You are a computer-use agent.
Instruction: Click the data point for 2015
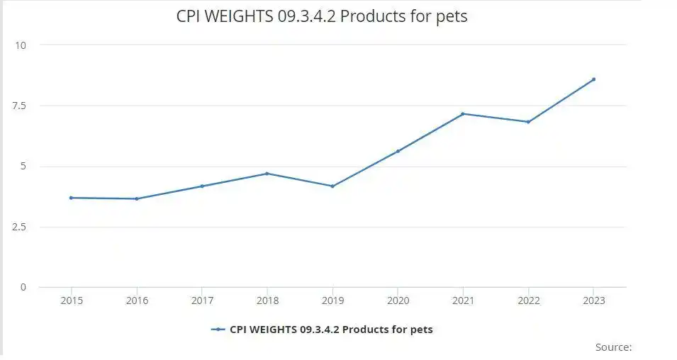(71, 198)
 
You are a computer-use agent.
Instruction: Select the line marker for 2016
(137, 198)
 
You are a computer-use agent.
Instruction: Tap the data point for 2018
(267, 174)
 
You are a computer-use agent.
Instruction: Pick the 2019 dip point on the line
(332, 186)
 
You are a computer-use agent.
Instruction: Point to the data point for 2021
(463, 113)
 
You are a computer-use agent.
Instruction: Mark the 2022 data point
(528, 122)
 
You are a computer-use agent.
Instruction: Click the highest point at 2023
(593, 79)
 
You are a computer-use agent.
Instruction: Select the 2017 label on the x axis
(202, 300)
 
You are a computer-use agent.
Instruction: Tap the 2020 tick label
(398, 300)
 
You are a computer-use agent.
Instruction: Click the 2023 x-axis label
(593, 300)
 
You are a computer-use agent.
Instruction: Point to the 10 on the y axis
(21, 45)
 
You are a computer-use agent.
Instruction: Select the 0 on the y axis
(23, 287)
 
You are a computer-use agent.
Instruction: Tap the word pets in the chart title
(452, 16)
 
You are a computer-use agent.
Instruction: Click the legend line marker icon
(218, 330)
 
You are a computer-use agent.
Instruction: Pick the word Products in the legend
(374, 330)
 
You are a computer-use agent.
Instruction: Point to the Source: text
(613, 347)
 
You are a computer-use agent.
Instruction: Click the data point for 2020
(398, 151)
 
